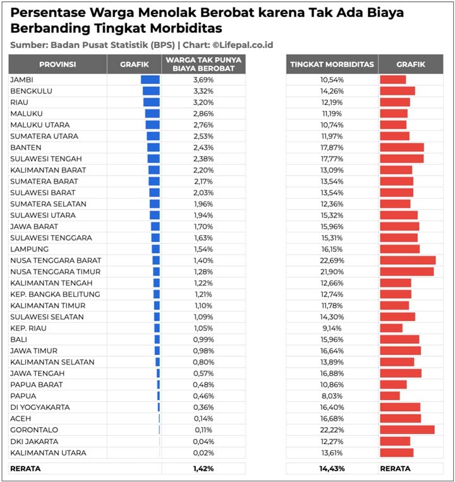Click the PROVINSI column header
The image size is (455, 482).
[x=58, y=64]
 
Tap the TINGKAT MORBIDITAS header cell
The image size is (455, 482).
[x=332, y=64]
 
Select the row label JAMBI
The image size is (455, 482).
[x=21, y=80]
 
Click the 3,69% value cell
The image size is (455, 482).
[x=203, y=80]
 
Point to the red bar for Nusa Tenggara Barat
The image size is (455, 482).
[x=408, y=260]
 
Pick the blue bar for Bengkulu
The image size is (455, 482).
[x=151, y=91]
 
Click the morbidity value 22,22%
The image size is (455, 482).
[x=332, y=430]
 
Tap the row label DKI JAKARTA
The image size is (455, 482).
[x=34, y=441]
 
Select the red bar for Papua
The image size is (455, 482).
[x=390, y=395]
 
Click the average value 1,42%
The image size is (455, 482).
[x=203, y=469]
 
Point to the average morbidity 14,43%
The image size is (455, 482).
[x=332, y=469]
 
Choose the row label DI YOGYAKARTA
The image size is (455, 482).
[x=40, y=407]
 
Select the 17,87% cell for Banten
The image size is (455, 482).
[x=332, y=147]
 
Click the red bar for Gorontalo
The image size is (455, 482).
[x=407, y=430]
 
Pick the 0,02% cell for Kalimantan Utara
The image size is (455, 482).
[x=203, y=452]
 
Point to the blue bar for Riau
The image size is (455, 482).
[x=152, y=102]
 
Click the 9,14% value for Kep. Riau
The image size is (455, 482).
[x=332, y=328]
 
